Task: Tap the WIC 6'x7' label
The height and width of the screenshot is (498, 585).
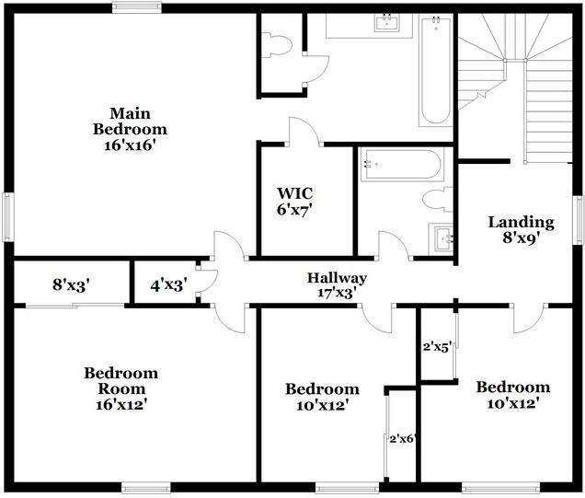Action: tap(295, 202)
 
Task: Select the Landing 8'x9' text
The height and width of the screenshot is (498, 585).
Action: tap(521, 229)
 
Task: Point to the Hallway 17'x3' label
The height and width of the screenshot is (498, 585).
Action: tap(337, 284)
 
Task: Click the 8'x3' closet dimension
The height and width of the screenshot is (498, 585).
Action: tap(71, 285)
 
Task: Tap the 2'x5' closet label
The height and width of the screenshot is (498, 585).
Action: tap(437, 347)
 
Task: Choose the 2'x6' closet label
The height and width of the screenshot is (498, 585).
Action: tap(403, 438)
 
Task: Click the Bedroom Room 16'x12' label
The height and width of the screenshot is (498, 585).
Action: tap(120, 388)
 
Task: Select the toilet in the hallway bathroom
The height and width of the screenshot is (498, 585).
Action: tap(437, 199)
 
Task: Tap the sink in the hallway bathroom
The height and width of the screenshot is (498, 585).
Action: tap(443, 238)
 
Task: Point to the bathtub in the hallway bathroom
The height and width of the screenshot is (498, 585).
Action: tap(401, 165)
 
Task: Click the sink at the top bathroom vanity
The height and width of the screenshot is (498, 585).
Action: tap(386, 23)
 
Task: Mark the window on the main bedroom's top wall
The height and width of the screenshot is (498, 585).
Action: tap(137, 7)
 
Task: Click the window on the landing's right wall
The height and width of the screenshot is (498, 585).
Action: tap(579, 220)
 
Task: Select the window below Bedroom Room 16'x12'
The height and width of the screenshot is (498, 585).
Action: tap(146, 488)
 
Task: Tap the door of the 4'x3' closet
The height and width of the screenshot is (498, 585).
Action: tap(206, 281)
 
